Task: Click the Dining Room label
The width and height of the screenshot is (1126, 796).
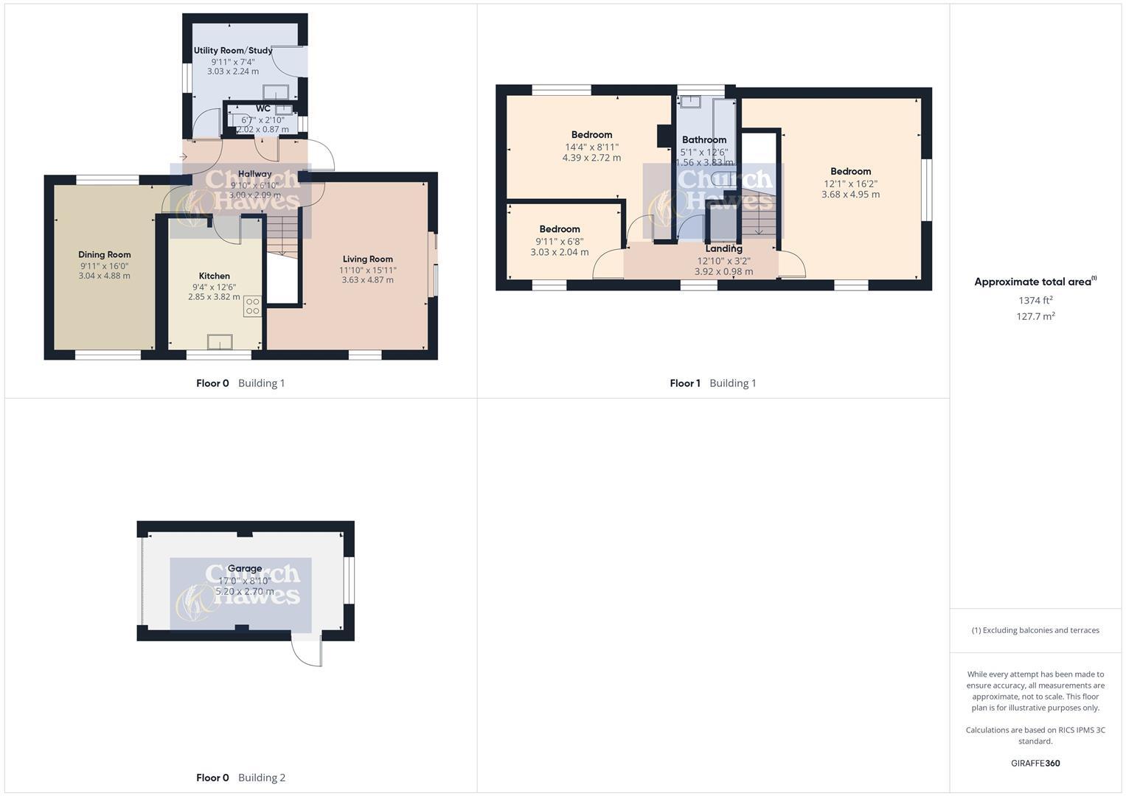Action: [x=105, y=254]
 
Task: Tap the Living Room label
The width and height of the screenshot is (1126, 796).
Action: [x=367, y=259]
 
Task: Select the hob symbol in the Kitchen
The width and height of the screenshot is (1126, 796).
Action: [x=252, y=307]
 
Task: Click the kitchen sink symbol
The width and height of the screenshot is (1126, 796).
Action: [x=220, y=342]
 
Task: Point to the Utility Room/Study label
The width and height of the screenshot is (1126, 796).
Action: [x=233, y=51]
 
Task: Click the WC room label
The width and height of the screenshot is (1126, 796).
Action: [x=263, y=108]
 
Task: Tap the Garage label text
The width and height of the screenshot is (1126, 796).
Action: [x=244, y=568]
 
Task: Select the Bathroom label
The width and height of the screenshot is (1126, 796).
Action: [x=704, y=139]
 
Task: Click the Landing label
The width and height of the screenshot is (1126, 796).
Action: [x=723, y=248]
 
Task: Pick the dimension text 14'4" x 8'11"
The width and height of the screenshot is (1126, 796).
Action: [x=591, y=147]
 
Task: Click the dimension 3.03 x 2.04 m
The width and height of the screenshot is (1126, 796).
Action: [x=560, y=252]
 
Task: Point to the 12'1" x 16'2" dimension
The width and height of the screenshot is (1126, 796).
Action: [x=850, y=184]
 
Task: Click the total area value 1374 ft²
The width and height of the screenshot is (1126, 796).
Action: [x=1035, y=300]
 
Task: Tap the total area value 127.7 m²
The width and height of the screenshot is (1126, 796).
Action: [x=1035, y=316]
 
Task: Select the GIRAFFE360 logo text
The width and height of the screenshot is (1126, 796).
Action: [x=1035, y=763]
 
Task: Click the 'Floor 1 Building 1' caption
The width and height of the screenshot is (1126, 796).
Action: [x=712, y=383]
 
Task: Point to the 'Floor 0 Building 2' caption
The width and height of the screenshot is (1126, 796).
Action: [x=240, y=778]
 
